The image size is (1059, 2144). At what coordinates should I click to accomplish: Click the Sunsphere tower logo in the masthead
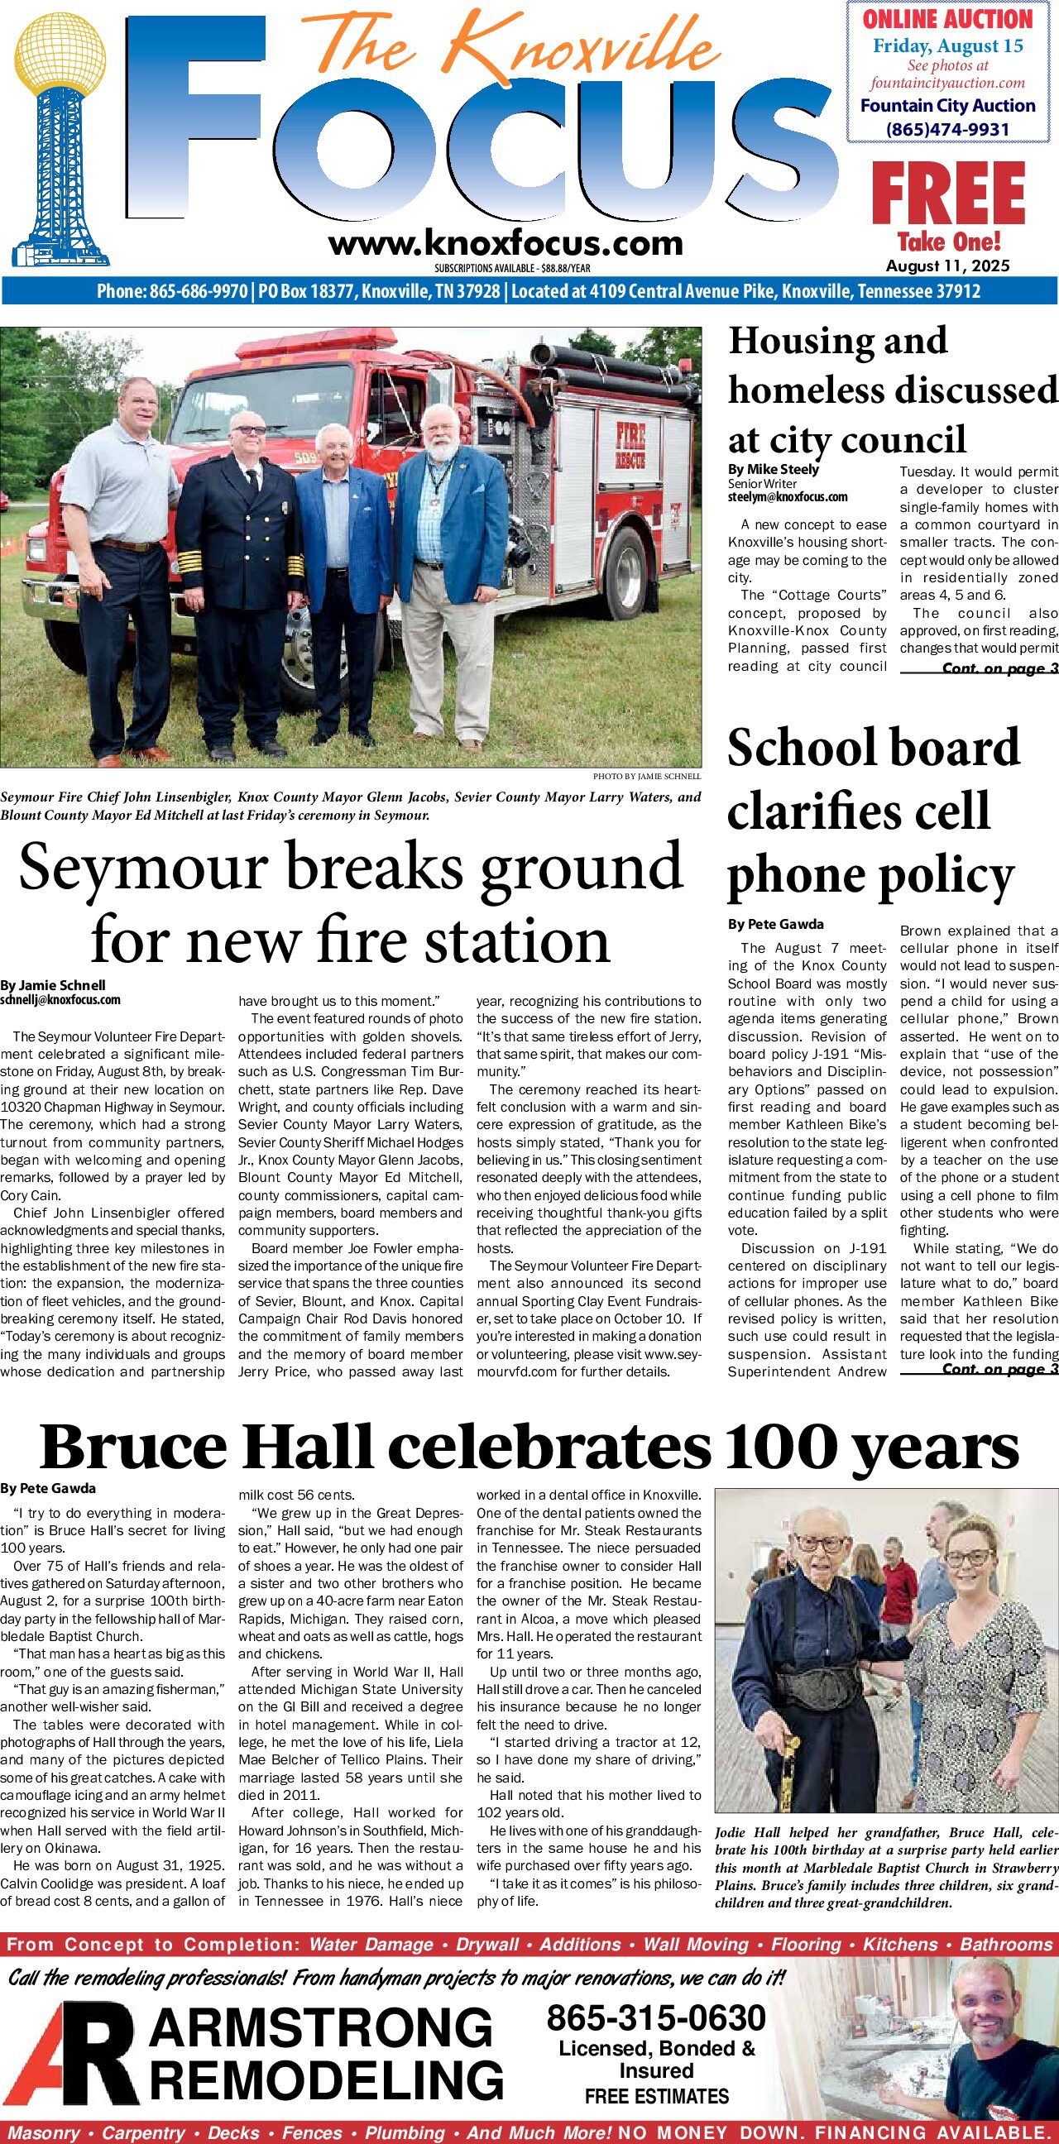[60, 141]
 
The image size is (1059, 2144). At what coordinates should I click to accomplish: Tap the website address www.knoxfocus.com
[506, 243]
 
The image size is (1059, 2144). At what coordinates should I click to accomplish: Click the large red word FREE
[947, 194]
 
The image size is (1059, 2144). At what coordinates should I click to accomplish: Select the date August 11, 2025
[947, 266]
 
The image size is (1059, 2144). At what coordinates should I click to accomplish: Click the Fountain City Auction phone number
[947, 129]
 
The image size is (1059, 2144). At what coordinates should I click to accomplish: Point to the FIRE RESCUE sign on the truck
[630, 445]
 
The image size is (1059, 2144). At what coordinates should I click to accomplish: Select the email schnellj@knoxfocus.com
[60, 999]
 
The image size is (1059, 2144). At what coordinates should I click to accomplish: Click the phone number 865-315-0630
[656, 2018]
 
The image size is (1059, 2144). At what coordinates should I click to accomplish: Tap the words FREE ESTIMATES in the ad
[656, 2096]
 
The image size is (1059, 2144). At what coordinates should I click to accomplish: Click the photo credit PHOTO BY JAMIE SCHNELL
[647, 777]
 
